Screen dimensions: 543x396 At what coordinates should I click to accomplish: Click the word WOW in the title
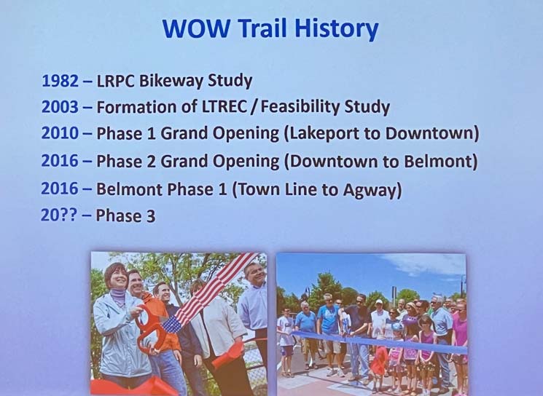[196, 28]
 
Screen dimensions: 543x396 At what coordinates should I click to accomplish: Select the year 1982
[60, 81]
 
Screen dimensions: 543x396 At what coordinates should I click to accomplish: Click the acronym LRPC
[116, 81]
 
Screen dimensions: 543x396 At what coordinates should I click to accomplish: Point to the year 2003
[60, 107]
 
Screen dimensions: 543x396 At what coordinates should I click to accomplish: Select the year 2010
[60, 133]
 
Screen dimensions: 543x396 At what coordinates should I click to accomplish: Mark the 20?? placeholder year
[59, 215]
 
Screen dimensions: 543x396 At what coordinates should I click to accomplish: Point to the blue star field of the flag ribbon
[173, 325]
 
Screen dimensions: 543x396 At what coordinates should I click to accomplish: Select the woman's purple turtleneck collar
[118, 296]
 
